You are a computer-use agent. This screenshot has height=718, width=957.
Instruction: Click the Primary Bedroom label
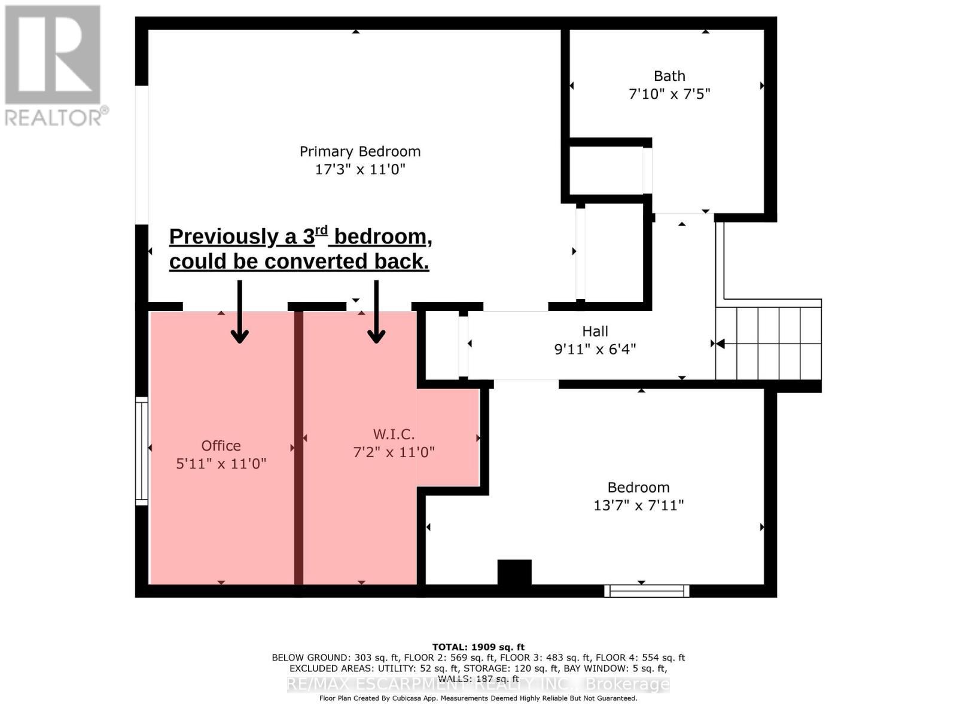pos(359,151)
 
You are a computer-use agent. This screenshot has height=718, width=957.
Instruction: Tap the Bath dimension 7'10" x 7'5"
pos(669,94)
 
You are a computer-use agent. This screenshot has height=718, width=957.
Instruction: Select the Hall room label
pos(595,331)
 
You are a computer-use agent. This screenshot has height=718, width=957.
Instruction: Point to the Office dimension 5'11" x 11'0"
pos(221,463)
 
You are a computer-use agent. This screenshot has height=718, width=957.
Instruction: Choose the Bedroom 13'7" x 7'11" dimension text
pos(638,506)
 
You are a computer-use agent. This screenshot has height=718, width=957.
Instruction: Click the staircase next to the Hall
pos(768,343)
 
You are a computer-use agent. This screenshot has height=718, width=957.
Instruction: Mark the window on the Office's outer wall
pos(141,451)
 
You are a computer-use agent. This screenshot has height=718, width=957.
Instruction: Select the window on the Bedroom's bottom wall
pos(647,591)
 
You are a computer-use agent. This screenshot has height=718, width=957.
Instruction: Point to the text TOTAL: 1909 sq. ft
pos(478,647)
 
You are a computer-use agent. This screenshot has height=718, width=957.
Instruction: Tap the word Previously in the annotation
pos(224,237)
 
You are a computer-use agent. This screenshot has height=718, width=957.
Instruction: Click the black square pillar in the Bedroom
pos(514,572)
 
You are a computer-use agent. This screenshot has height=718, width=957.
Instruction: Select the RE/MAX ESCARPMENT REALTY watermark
pos(478,684)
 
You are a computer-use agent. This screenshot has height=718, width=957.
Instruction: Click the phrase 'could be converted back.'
pos(299,261)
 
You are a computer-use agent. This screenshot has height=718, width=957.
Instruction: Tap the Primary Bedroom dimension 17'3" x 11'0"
pos(359,169)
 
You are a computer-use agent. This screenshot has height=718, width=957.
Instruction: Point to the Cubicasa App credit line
pos(478,698)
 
